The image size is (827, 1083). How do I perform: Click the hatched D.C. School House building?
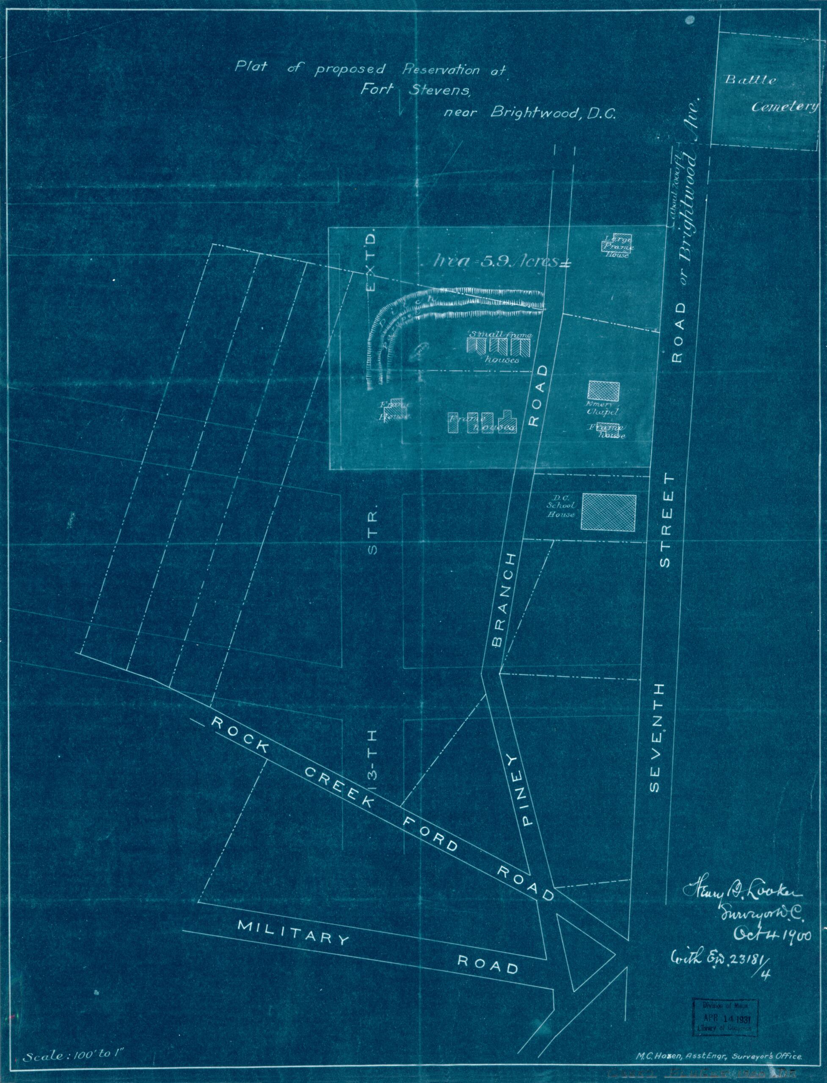click(x=609, y=512)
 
